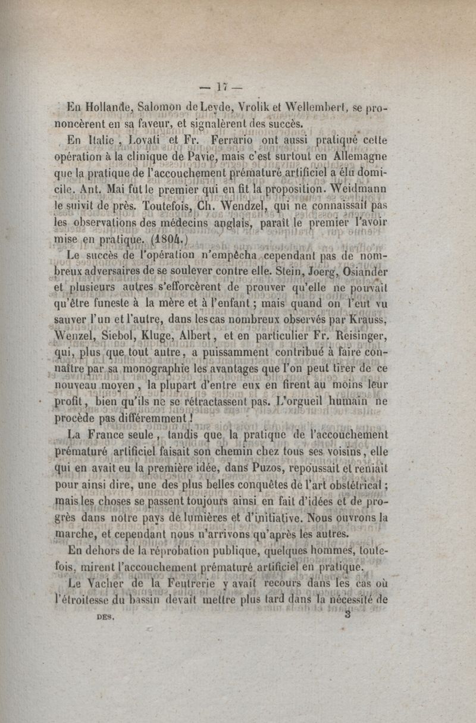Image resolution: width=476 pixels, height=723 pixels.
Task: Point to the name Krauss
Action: click(x=368, y=325)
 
